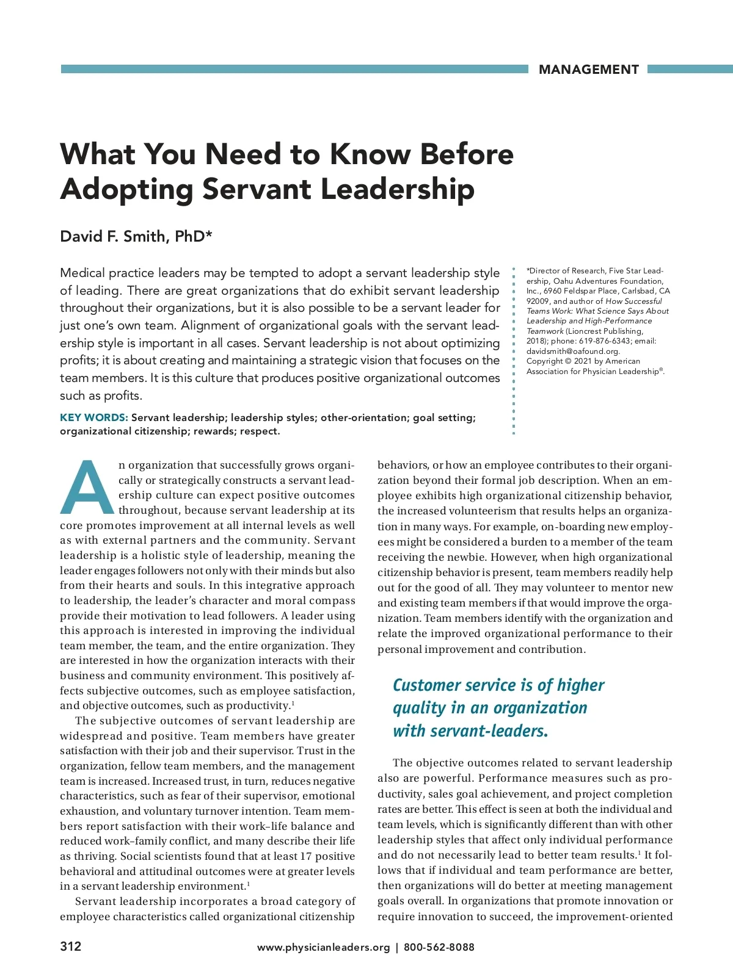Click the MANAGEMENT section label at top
pyautogui.click(x=588, y=70)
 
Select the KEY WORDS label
pyautogui.click(x=93, y=418)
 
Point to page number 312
pyautogui.click(x=70, y=946)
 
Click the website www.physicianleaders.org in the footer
pyautogui.click(x=323, y=948)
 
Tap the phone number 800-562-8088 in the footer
pyautogui.click(x=439, y=948)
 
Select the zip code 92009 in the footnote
pyautogui.click(x=538, y=301)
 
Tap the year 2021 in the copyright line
pyautogui.click(x=583, y=361)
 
